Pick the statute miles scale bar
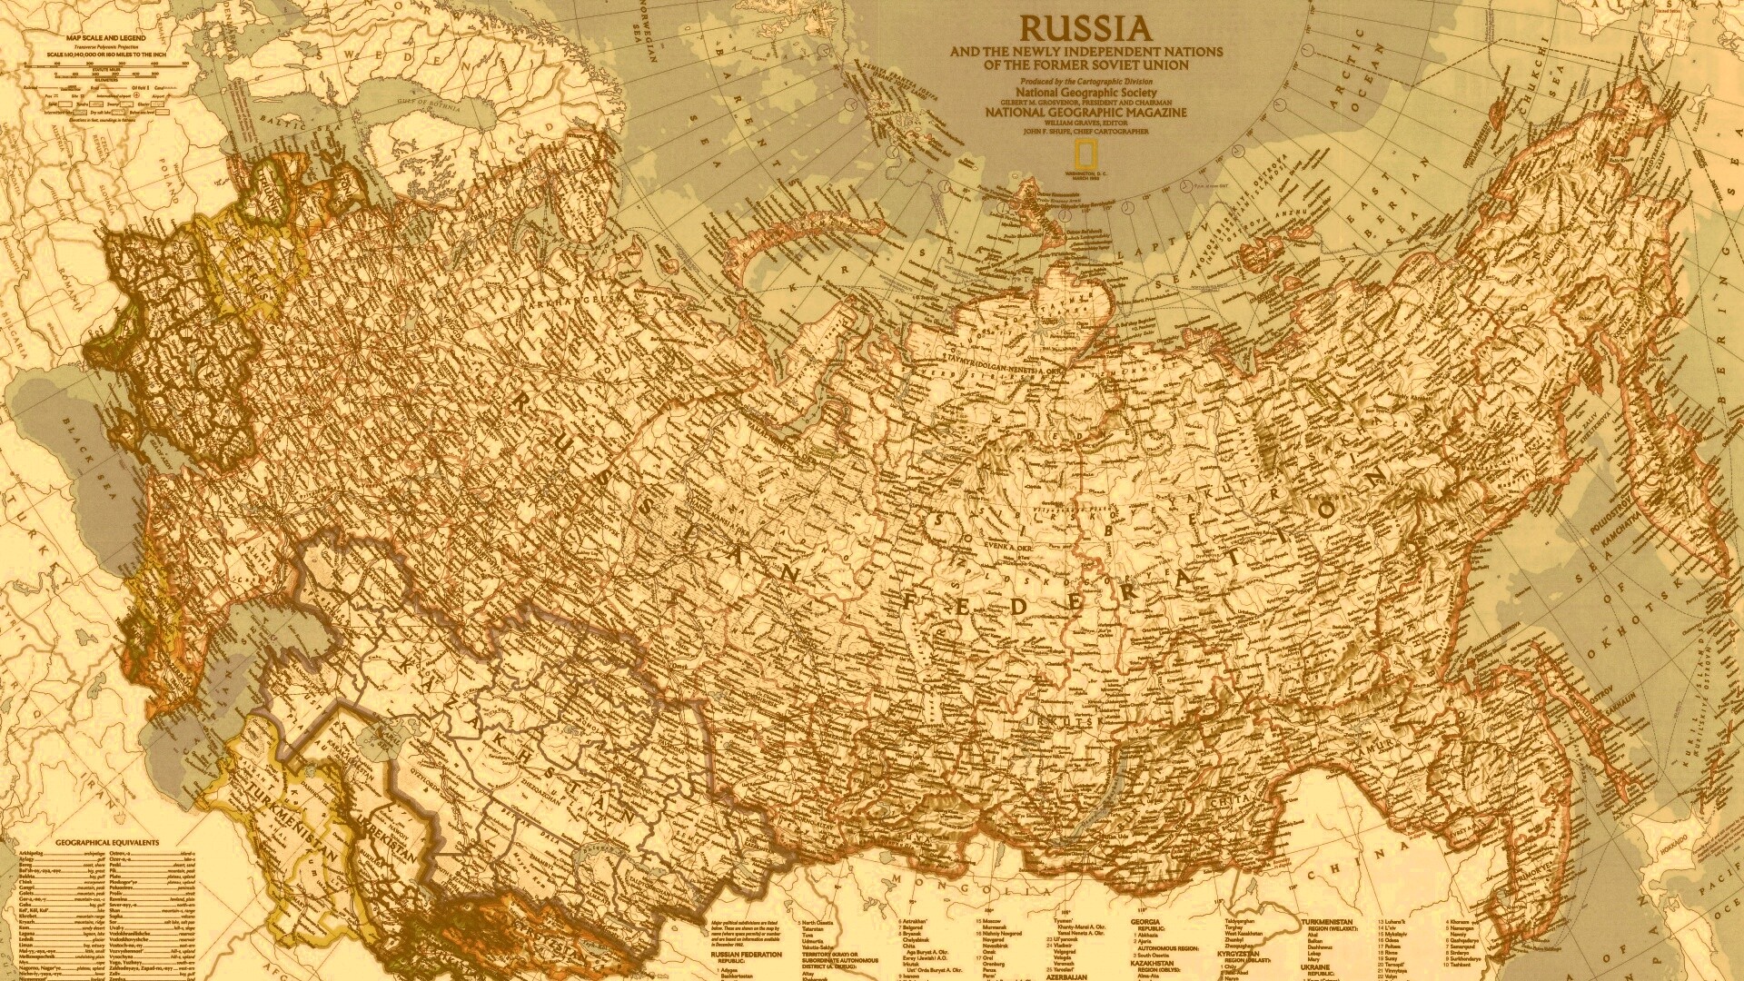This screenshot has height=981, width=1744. pyautogui.click(x=118, y=64)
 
